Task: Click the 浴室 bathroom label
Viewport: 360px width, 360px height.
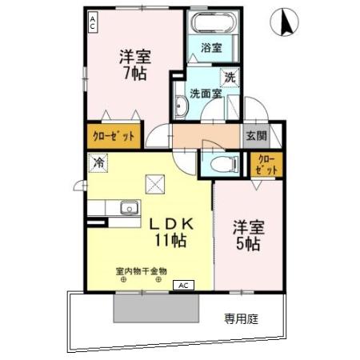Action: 211,47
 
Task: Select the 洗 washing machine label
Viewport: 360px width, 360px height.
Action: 230,78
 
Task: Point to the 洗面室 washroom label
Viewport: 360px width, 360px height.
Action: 204,92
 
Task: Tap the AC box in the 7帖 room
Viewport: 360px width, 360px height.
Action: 94,22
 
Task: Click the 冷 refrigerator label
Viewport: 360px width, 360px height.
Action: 99,162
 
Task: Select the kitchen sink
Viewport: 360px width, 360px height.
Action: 128,209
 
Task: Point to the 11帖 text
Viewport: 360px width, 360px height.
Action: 170,239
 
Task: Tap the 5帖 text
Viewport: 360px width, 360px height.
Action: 249,243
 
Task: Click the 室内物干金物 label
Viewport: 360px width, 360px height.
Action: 140,272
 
